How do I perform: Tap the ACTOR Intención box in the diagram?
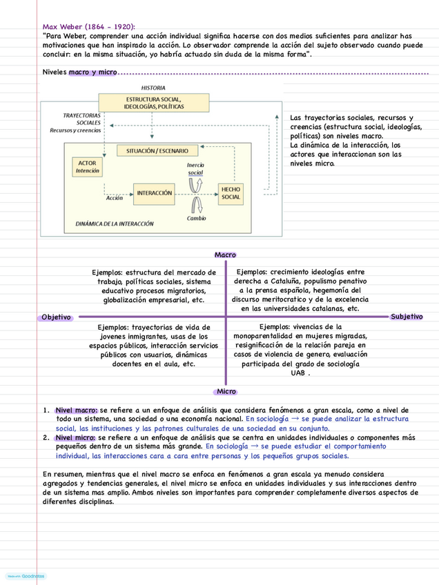point(88,167)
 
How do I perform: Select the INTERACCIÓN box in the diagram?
point(154,193)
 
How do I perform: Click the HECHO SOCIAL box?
point(231,192)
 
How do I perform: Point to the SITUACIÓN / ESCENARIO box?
point(157,151)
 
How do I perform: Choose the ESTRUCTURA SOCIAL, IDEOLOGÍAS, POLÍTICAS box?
point(153,103)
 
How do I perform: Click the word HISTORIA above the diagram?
point(153,88)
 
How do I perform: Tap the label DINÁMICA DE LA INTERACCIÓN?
point(115,224)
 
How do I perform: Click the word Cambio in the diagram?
point(196,218)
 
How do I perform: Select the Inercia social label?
point(195,169)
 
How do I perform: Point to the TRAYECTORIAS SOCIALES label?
point(82,119)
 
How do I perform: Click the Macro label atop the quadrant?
point(225,255)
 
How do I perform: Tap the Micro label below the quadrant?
point(226,391)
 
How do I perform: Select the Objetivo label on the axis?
point(56,317)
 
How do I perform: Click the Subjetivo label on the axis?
point(406,316)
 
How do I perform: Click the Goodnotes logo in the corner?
point(26,575)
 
